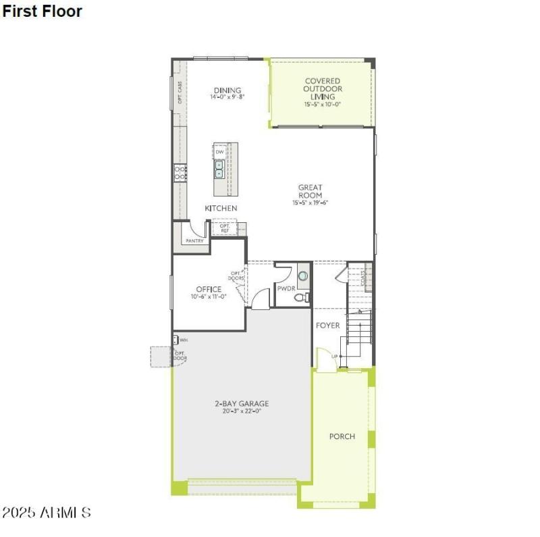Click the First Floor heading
[42, 11]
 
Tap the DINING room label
[227, 91]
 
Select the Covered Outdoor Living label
[322, 88]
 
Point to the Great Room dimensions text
[310, 203]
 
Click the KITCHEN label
[221, 208]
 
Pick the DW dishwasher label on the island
[219, 152]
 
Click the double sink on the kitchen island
[219, 169]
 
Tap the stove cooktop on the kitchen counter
[180, 173]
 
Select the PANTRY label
[194, 240]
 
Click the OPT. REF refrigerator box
[224, 228]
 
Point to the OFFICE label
[209, 289]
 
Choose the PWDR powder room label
[286, 289]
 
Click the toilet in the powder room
[302, 297]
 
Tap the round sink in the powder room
[302, 276]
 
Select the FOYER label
[328, 326]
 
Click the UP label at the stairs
[334, 357]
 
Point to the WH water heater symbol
[176, 340]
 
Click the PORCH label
[342, 436]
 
